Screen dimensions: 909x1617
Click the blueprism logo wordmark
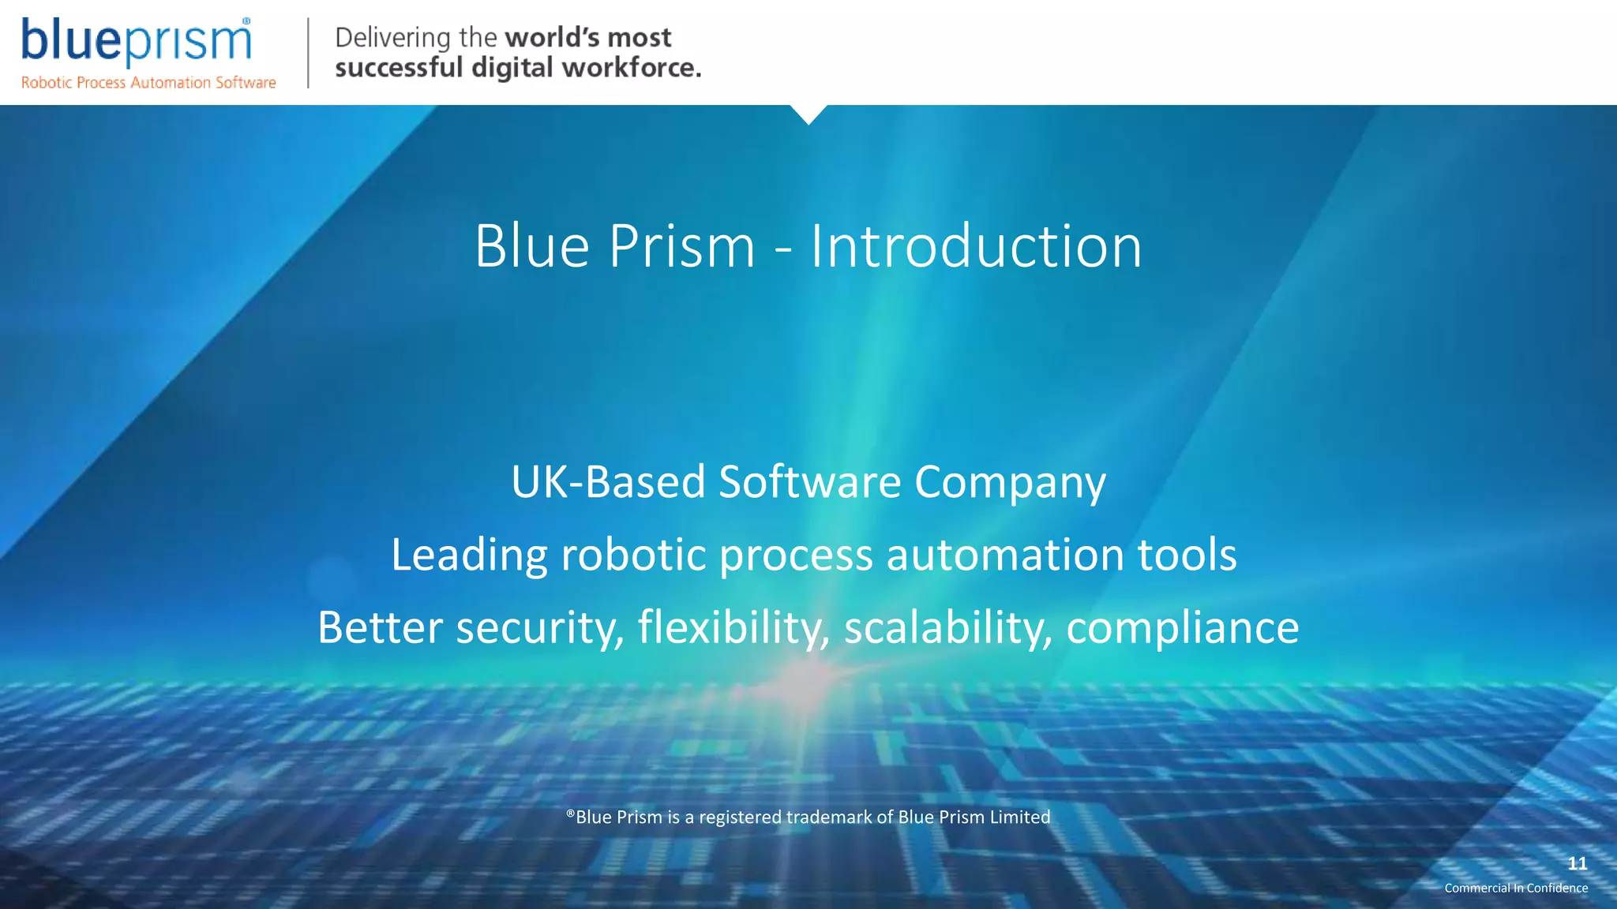point(136,40)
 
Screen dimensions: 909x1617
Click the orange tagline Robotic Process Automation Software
point(148,83)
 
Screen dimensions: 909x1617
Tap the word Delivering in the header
point(392,38)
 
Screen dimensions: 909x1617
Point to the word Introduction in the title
point(976,246)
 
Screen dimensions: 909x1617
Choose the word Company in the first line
point(1010,483)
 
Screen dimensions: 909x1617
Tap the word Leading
point(469,555)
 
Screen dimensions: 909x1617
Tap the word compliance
point(1182,629)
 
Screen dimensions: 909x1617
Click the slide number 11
point(1577,863)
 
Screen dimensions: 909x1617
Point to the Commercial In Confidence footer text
point(1516,888)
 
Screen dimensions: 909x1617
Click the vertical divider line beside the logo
point(308,53)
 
